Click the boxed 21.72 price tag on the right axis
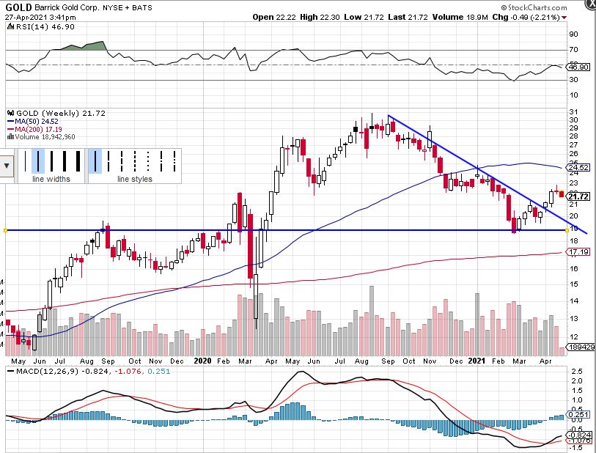point(579,196)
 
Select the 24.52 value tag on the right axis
point(579,167)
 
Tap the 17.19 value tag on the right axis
point(579,252)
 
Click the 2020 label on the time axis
point(203,361)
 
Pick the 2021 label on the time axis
point(477,361)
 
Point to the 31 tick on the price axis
point(573,111)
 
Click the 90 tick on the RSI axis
point(573,34)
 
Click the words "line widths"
point(51,180)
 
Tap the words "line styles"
point(135,180)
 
